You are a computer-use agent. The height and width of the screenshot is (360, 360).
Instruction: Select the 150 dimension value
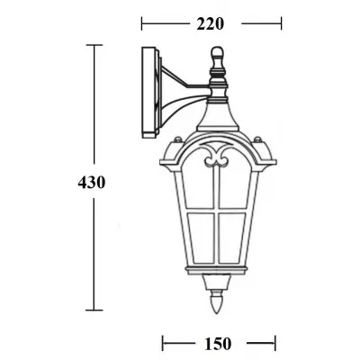coord(217,342)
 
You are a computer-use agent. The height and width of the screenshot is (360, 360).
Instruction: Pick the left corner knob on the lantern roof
coord(177,142)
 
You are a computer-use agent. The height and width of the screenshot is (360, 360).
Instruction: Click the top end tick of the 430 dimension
coord(93,44)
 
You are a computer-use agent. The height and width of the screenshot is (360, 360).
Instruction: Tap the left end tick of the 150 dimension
coord(162,342)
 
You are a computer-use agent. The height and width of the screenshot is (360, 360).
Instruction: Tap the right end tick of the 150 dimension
coord(274,342)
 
